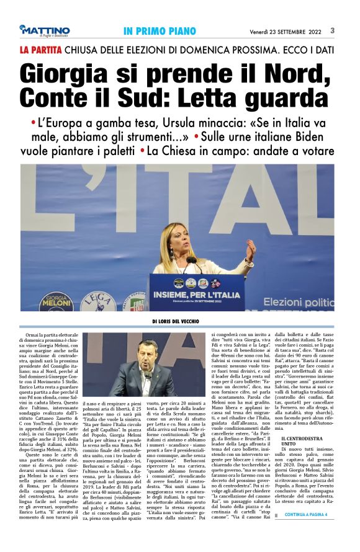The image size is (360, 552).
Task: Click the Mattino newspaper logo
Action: point(44,30)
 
